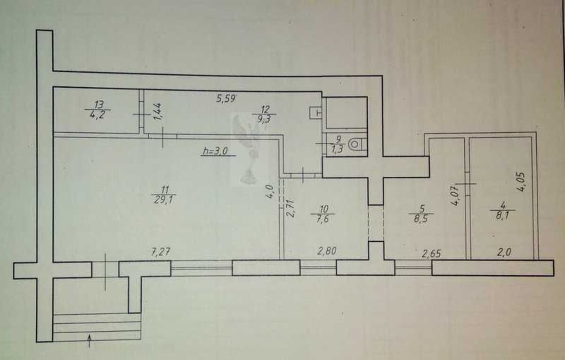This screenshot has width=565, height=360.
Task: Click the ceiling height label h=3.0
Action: point(216,151)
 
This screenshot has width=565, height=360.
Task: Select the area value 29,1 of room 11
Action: point(164,200)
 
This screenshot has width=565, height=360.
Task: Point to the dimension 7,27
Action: point(161,252)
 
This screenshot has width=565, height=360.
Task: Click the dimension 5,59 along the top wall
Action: point(226,98)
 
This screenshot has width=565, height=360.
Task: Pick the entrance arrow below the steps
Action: point(89,341)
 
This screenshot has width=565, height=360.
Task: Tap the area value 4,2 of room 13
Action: point(97,115)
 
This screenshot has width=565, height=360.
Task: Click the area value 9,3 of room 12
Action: point(264,119)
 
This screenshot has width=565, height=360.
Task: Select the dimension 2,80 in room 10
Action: point(327,251)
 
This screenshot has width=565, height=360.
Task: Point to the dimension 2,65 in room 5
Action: point(432,254)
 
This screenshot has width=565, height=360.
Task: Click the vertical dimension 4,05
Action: point(521,182)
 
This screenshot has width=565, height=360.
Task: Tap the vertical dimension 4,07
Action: point(455,196)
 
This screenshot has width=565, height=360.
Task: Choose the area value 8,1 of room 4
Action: point(502,216)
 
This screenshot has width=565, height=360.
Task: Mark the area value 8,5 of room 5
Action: point(421,218)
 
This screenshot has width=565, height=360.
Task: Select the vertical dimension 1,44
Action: point(157,111)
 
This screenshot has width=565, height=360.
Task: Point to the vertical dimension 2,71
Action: point(290,208)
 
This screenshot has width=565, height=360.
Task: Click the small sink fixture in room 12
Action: point(315,113)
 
